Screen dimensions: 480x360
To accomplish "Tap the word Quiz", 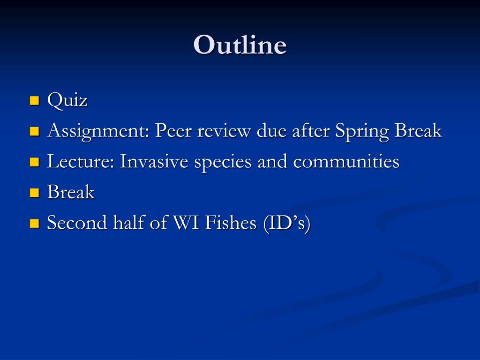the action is click(x=67, y=100).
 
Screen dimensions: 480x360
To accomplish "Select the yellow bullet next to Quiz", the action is click(x=35, y=101).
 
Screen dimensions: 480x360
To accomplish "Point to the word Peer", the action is click(x=173, y=131).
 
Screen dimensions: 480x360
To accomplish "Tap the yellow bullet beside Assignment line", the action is click(x=35, y=131).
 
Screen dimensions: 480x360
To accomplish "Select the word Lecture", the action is click(x=81, y=161).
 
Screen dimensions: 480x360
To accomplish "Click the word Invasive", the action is click(x=154, y=161).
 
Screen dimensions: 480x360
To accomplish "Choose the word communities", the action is click(x=346, y=161).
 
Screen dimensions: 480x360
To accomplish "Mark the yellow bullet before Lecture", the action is click(x=35, y=162).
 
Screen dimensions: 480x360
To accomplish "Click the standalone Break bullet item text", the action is click(x=71, y=192).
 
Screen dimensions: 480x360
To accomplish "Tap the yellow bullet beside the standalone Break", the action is click(x=35, y=193).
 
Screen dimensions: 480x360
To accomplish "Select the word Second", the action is click(x=77, y=223).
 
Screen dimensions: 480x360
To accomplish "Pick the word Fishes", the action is click(x=231, y=223).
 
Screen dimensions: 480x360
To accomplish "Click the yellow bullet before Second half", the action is click(x=35, y=223).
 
